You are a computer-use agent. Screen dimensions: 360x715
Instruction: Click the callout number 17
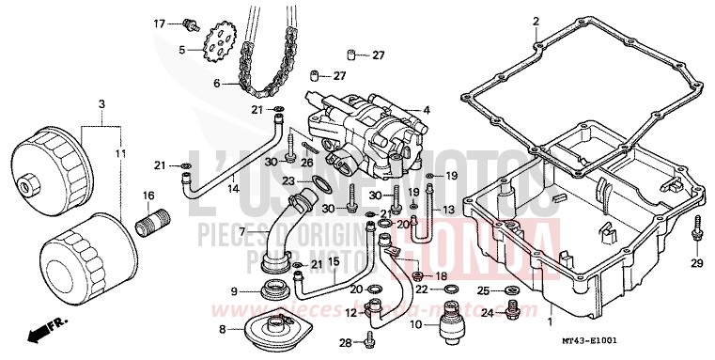point(160,23)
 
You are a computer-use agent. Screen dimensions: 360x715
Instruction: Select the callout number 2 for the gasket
point(536,21)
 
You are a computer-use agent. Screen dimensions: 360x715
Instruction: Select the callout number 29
point(697,263)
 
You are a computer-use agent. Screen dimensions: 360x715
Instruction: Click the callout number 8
point(222,329)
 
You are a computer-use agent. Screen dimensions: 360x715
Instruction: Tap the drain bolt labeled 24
point(513,307)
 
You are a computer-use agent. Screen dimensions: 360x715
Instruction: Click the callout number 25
point(484,290)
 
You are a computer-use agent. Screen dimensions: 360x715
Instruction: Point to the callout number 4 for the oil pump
point(427,110)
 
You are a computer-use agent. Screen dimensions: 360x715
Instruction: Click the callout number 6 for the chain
point(215,84)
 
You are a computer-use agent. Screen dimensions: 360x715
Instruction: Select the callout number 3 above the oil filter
point(101,102)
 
